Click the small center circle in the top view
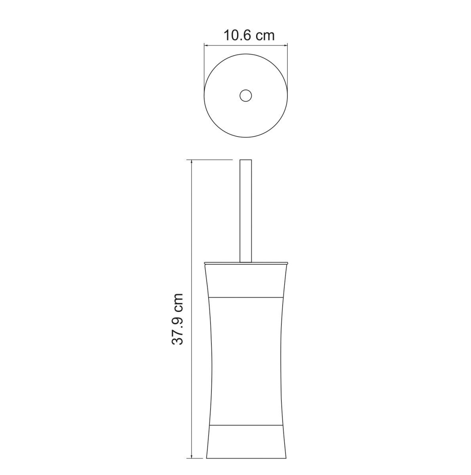click(246, 95)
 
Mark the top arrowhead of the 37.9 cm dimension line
click(192, 163)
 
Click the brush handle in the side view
click(246, 211)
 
